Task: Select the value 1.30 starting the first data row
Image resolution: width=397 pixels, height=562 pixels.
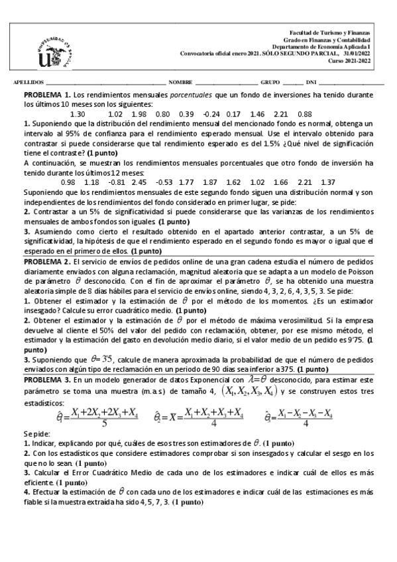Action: [77, 114]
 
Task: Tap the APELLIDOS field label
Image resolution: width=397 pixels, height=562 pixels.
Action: [27, 83]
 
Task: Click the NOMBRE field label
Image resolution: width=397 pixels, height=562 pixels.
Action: [180, 83]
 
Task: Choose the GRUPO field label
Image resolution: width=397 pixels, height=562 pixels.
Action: [270, 83]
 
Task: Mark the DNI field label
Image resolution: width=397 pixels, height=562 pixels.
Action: [311, 83]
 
